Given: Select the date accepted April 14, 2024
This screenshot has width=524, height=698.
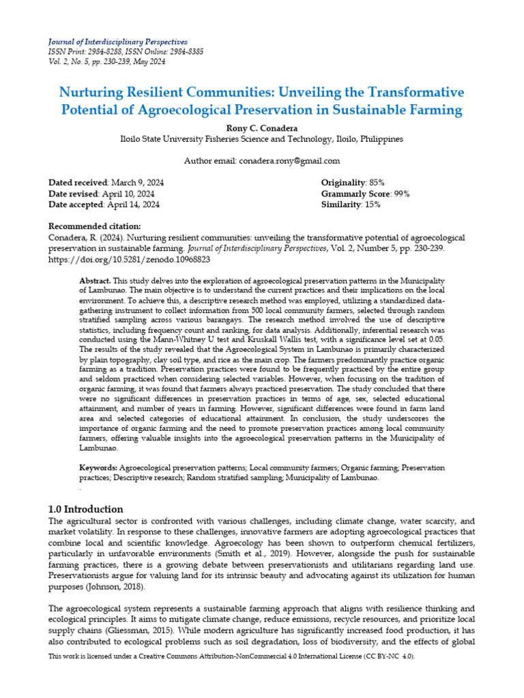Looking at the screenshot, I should tap(132, 204).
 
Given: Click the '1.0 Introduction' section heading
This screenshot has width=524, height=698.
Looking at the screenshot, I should tap(86, 509).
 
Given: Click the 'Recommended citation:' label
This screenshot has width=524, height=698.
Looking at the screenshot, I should tap(95, 226).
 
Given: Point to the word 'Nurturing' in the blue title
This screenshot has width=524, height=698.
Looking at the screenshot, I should tap(93, 92).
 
